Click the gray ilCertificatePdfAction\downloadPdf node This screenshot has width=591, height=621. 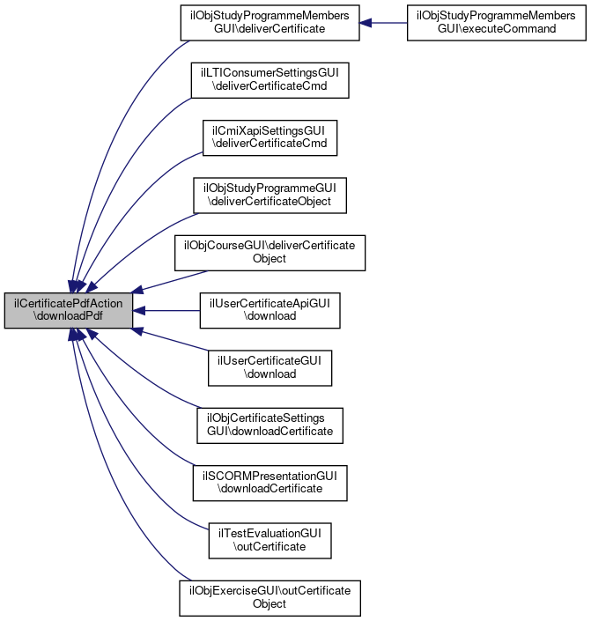[x=69, y=310]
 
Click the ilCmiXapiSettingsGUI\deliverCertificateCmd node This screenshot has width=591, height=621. [x=270, y=138]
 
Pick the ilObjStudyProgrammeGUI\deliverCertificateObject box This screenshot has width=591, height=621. [x=270, y=196]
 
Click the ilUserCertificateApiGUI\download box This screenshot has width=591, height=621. [x=270, y=310]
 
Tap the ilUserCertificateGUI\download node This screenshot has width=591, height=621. [x=270, y=367]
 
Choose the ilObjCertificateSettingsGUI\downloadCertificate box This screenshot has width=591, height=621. [x=270, y=425]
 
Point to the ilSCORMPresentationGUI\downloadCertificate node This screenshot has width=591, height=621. [x=270, y=482]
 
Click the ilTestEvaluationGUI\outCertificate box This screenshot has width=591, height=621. [x=270, y=539]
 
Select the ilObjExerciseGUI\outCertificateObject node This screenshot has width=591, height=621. [x=270, y=596]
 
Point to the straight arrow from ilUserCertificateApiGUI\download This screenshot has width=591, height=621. [x=167, y=310]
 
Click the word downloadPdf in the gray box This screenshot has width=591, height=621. [x=70, y=317]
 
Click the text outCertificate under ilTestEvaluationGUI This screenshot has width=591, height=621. [x=270, y=546]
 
